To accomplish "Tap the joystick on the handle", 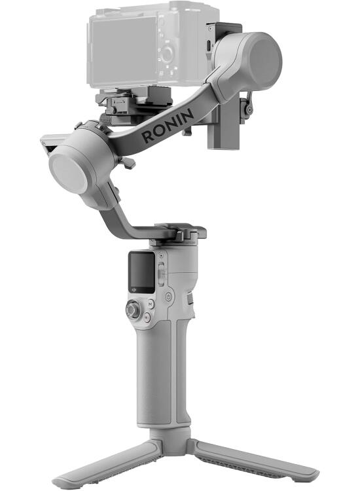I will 134,310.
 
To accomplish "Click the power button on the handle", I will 169,297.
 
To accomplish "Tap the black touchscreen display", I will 141,271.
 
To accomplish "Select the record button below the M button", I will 147,317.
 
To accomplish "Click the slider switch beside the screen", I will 162,269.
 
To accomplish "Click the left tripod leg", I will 105,461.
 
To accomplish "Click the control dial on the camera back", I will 168,52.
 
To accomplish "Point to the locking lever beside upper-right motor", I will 247,103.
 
